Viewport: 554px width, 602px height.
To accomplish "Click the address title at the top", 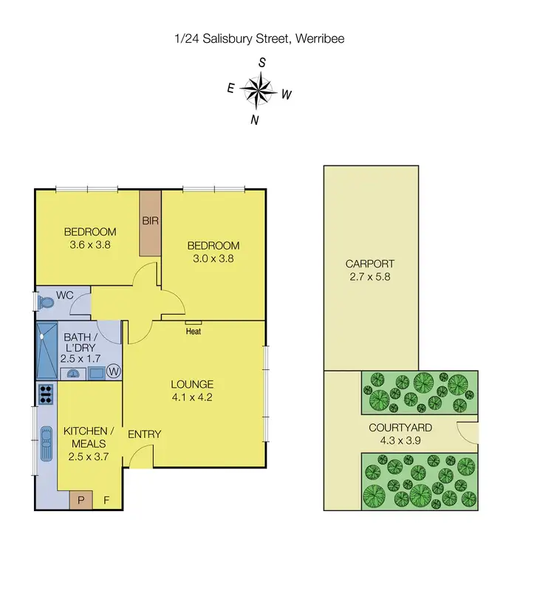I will click(x=259, y=38).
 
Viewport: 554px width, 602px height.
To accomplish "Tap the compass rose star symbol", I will click(x=258, y=92).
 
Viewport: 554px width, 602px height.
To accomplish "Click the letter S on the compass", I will click(x=261, y=63).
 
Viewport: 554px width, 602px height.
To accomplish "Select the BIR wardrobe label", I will click(x=151, y=221).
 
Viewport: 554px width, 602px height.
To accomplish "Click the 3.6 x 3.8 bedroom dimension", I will click(x=89, y=245).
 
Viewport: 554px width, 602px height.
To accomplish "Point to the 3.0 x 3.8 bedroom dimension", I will click(x=213, y=259).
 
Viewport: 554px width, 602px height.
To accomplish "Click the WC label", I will click(x=65, y=295).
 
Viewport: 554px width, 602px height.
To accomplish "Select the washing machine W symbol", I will click(x=114, y=372).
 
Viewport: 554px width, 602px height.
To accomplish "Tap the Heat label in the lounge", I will click(x=194, y=332).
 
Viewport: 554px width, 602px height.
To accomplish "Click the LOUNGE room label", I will click(x=192, y=384).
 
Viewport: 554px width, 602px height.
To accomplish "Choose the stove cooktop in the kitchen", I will click(x=46, y=394).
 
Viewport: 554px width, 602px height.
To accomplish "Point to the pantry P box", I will click(x=81, y=501).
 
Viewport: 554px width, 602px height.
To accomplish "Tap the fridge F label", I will click(x=106, y=501).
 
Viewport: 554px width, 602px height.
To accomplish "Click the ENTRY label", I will click(x=144, y=434).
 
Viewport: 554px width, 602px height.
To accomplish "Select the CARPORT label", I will click(x=370, y=264).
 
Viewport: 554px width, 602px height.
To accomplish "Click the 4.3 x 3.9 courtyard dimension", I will click(x=400, y=441).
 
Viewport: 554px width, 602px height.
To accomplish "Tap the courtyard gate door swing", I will click(x=468, y=433).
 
